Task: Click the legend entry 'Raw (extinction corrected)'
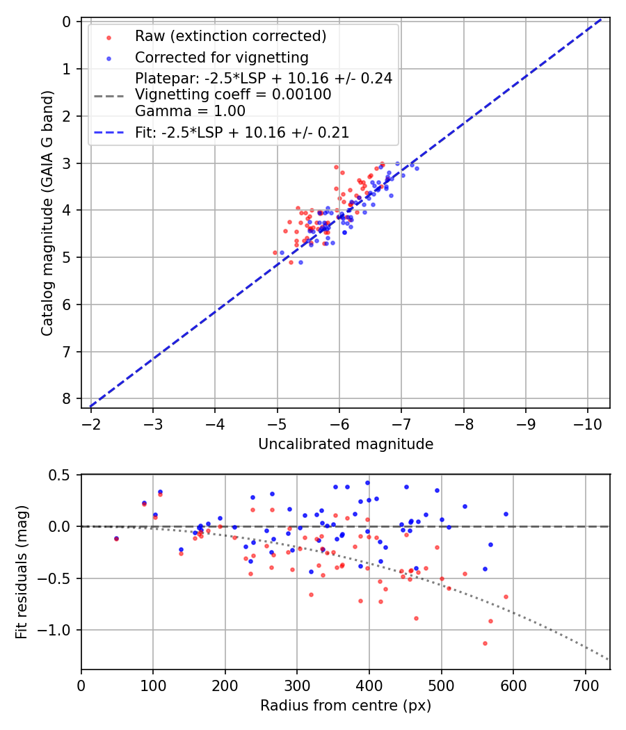click(x=230, y=36)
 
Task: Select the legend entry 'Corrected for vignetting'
click(x=221, y=57)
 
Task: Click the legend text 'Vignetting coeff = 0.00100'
click(x=233, y=95)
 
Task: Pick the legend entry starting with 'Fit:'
click(x=242, y=132)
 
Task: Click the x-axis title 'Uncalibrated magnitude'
click(x=346, y=444)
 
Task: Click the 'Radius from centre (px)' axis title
click(x=346, y=706)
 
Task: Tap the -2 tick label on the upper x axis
click(x=91, y=423)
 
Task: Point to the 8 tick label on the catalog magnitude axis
click(x=67, y=399)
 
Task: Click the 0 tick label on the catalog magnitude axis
click(x=67, y=22)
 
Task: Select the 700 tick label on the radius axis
click(x=585, y=686)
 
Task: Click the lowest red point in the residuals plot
click(x=485, y=643)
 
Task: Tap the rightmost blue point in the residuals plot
click(x=506, y=514)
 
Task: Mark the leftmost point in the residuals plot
click(x=116, y=538)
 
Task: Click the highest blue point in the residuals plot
click(x=367, y=482)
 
